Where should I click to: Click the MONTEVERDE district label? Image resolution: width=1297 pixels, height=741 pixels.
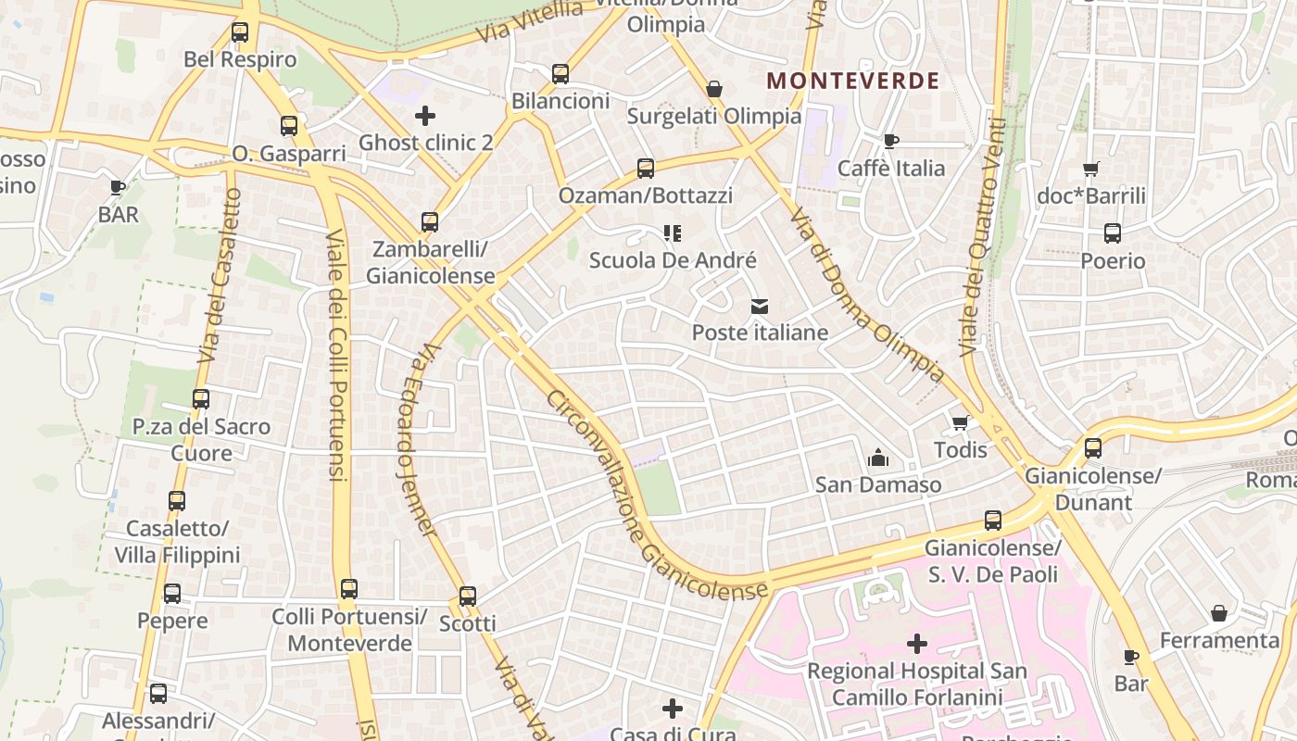(853, 81)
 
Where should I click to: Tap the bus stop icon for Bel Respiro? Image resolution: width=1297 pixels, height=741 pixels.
(240, 32)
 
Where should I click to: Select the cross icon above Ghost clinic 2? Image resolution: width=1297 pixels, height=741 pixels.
(425, 116)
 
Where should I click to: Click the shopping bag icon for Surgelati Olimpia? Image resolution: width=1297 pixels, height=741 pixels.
(714, 89)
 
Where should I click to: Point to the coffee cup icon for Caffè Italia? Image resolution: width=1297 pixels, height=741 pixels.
(890, 141)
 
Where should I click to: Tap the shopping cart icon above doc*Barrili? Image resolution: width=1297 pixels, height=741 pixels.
(1090, 169)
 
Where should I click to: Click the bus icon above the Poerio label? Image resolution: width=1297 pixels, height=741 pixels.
(1113, 233)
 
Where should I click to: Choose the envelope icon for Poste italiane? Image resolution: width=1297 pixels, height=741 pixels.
(760, 306)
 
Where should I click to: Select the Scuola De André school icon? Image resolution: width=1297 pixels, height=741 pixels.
(673, 233)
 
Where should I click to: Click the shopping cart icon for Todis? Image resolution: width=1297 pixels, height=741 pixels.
(960, 423)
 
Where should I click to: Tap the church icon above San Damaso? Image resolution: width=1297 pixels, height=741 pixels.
(877, 457)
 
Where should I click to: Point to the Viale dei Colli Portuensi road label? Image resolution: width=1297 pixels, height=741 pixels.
(337, 355)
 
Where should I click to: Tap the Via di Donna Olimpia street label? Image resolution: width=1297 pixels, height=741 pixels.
(866, 295)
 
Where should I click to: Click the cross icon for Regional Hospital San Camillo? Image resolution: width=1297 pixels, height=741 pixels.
(917, 643)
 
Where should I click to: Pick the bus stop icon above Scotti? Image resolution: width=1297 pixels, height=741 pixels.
(468, 596)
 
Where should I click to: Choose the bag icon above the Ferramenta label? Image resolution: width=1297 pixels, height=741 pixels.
(1219, 613)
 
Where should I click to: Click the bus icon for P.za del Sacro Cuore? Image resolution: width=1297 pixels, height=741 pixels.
(201, 399)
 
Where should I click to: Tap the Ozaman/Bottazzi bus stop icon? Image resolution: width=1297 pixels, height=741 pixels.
(646, 169)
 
